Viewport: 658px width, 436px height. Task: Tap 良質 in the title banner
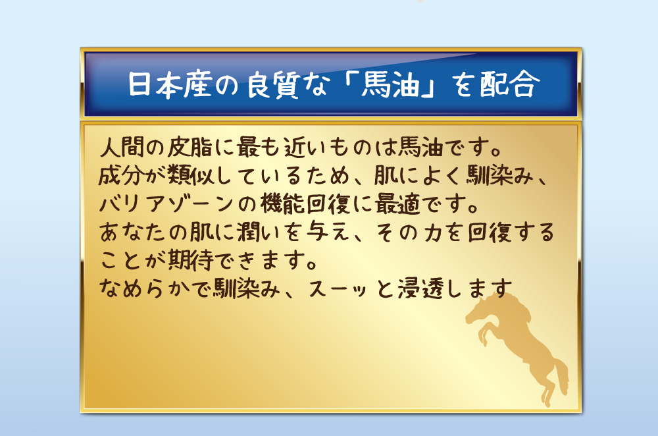coord(273,84)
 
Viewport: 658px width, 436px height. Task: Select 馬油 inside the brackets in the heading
coord(390,84)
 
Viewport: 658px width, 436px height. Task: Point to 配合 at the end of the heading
coord(509,84)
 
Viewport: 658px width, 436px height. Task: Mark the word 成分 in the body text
coord(120,175)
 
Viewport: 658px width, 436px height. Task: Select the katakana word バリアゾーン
coord(166,204)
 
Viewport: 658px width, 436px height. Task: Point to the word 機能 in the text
coord(282,204)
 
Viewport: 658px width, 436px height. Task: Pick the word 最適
coord(397,204)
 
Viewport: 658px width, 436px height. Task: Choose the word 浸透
coord(420,289)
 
